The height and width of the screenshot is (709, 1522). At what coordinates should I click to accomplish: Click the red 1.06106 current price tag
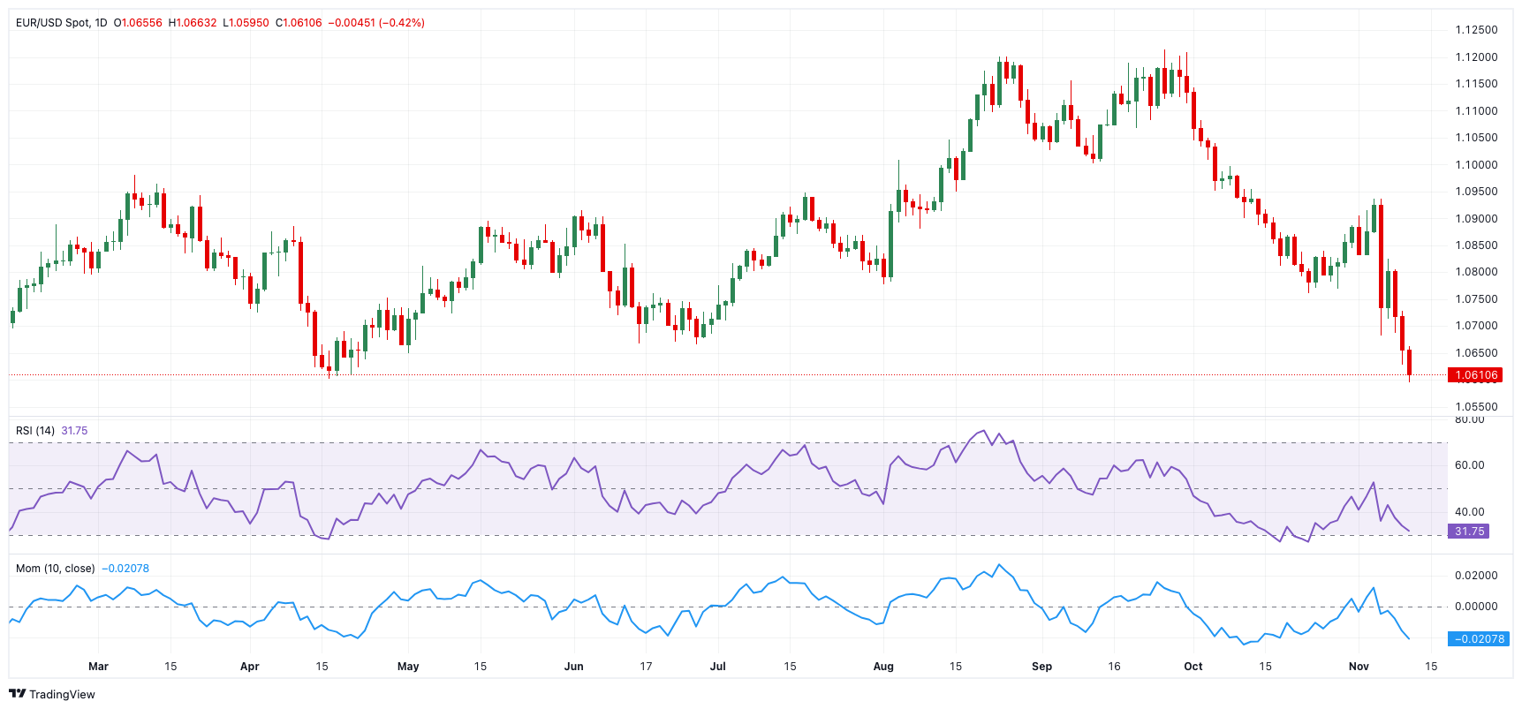[x=1475, y=375]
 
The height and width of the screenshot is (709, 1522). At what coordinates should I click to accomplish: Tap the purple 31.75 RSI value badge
[x=1469, y=532]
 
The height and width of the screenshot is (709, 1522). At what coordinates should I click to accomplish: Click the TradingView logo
[x=52, y=694]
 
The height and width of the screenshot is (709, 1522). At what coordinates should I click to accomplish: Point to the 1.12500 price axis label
[x=1476, y=30]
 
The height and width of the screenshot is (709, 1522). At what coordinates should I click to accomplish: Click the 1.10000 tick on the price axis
[x=1476, y=165]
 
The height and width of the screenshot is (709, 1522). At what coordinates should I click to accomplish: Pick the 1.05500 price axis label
[x=1476, y=407]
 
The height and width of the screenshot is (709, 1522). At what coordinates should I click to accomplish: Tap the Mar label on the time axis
[x=98, y=667]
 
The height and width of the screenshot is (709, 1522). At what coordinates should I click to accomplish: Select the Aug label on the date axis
[x=883, y=667]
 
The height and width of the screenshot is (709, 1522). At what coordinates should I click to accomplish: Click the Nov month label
[x=1359, y=667]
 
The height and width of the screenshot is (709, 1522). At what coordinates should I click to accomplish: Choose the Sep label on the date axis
[x=1041, y=667]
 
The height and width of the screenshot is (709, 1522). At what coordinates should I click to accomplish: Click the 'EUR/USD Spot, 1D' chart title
[x=61, y=23]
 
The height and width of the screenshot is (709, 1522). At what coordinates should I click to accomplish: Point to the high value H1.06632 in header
[x=192, y=23]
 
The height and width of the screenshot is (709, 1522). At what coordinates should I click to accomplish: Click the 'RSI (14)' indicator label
[x=35, y=431]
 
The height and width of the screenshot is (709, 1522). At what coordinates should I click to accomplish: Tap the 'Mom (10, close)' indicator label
[x=55, y=569]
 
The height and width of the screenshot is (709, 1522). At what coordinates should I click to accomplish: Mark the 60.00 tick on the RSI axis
[x=1469, y=465]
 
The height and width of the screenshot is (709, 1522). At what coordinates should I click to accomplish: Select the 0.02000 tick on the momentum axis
[x=1476, y=576]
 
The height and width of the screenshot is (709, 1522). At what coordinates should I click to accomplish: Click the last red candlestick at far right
[x=1409, y=362]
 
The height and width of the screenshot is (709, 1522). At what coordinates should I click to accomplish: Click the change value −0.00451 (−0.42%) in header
[x=376, y=23]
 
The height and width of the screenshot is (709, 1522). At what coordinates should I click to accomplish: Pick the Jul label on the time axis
[x=718, y=667]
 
